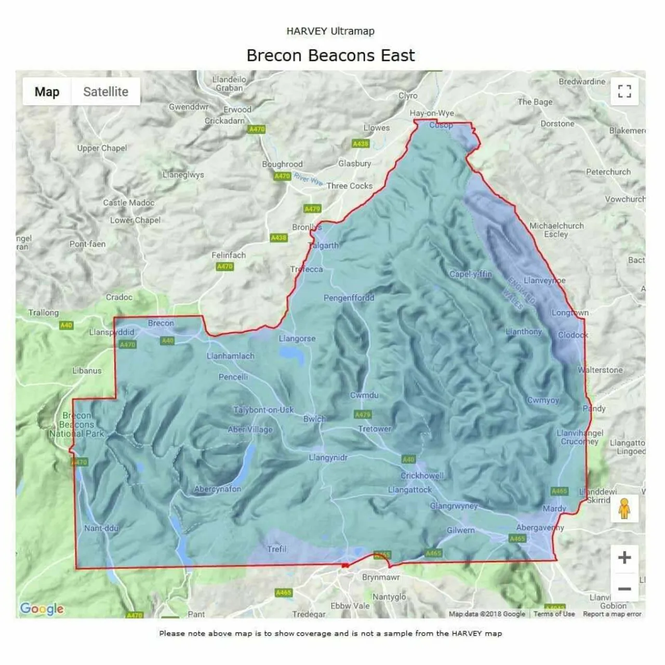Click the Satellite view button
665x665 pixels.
[x=105, y=92]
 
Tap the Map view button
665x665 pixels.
[x=47, y=92]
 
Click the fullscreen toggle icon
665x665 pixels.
[x=624, y=91]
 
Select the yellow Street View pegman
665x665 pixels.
[x=624, y=508]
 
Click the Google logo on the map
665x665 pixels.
[x=42, y=608]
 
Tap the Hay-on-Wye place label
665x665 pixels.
[x=431, y=113]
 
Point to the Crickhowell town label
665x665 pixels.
[x=422, y=475]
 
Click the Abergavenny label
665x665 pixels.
[x=540, y=527]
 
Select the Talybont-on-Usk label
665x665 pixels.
[x=263, y=410]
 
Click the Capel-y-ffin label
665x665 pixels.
[x=470, y=274]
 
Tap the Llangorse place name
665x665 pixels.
[x=297, y=339]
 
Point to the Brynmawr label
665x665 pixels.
[x=381, y=577]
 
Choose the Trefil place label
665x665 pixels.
[x=277, y=549]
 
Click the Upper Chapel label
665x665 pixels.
[x=102, y=148]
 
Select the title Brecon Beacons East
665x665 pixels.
[x=330, y=55]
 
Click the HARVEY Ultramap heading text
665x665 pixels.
[x=330, y=31]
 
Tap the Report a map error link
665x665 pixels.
[x=612, y=614]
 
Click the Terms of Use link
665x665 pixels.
[x=554, y=614]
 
